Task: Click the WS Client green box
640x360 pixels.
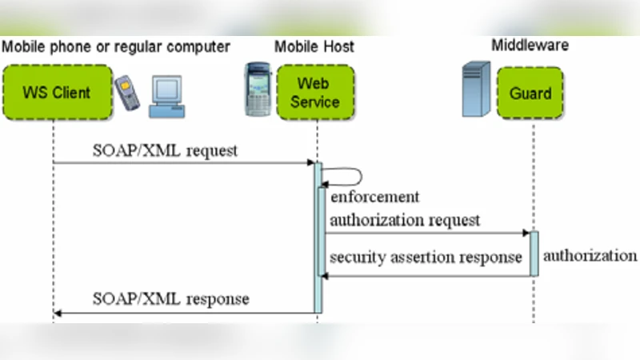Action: [x=54, y=92]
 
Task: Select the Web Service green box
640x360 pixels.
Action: [x=314, y=92]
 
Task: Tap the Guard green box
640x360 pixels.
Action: [x=530, y=93]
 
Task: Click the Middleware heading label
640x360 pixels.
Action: [x=530, y=46]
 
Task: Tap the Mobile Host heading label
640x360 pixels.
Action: [x=314, y=46]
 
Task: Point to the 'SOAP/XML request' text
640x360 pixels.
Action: [x=166, y=150]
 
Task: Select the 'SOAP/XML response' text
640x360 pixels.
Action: [x=170, y=299]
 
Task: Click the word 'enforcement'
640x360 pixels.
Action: [x=374, y=197]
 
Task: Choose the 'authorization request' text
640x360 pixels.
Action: [x=405, y=219]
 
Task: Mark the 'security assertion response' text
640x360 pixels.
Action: [x=426, y=257]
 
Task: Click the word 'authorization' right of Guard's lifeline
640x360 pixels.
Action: [x=590, y=256]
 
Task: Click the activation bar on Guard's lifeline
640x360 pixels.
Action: [x=534, y=254]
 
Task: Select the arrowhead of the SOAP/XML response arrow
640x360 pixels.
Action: [x=58, y=313]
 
